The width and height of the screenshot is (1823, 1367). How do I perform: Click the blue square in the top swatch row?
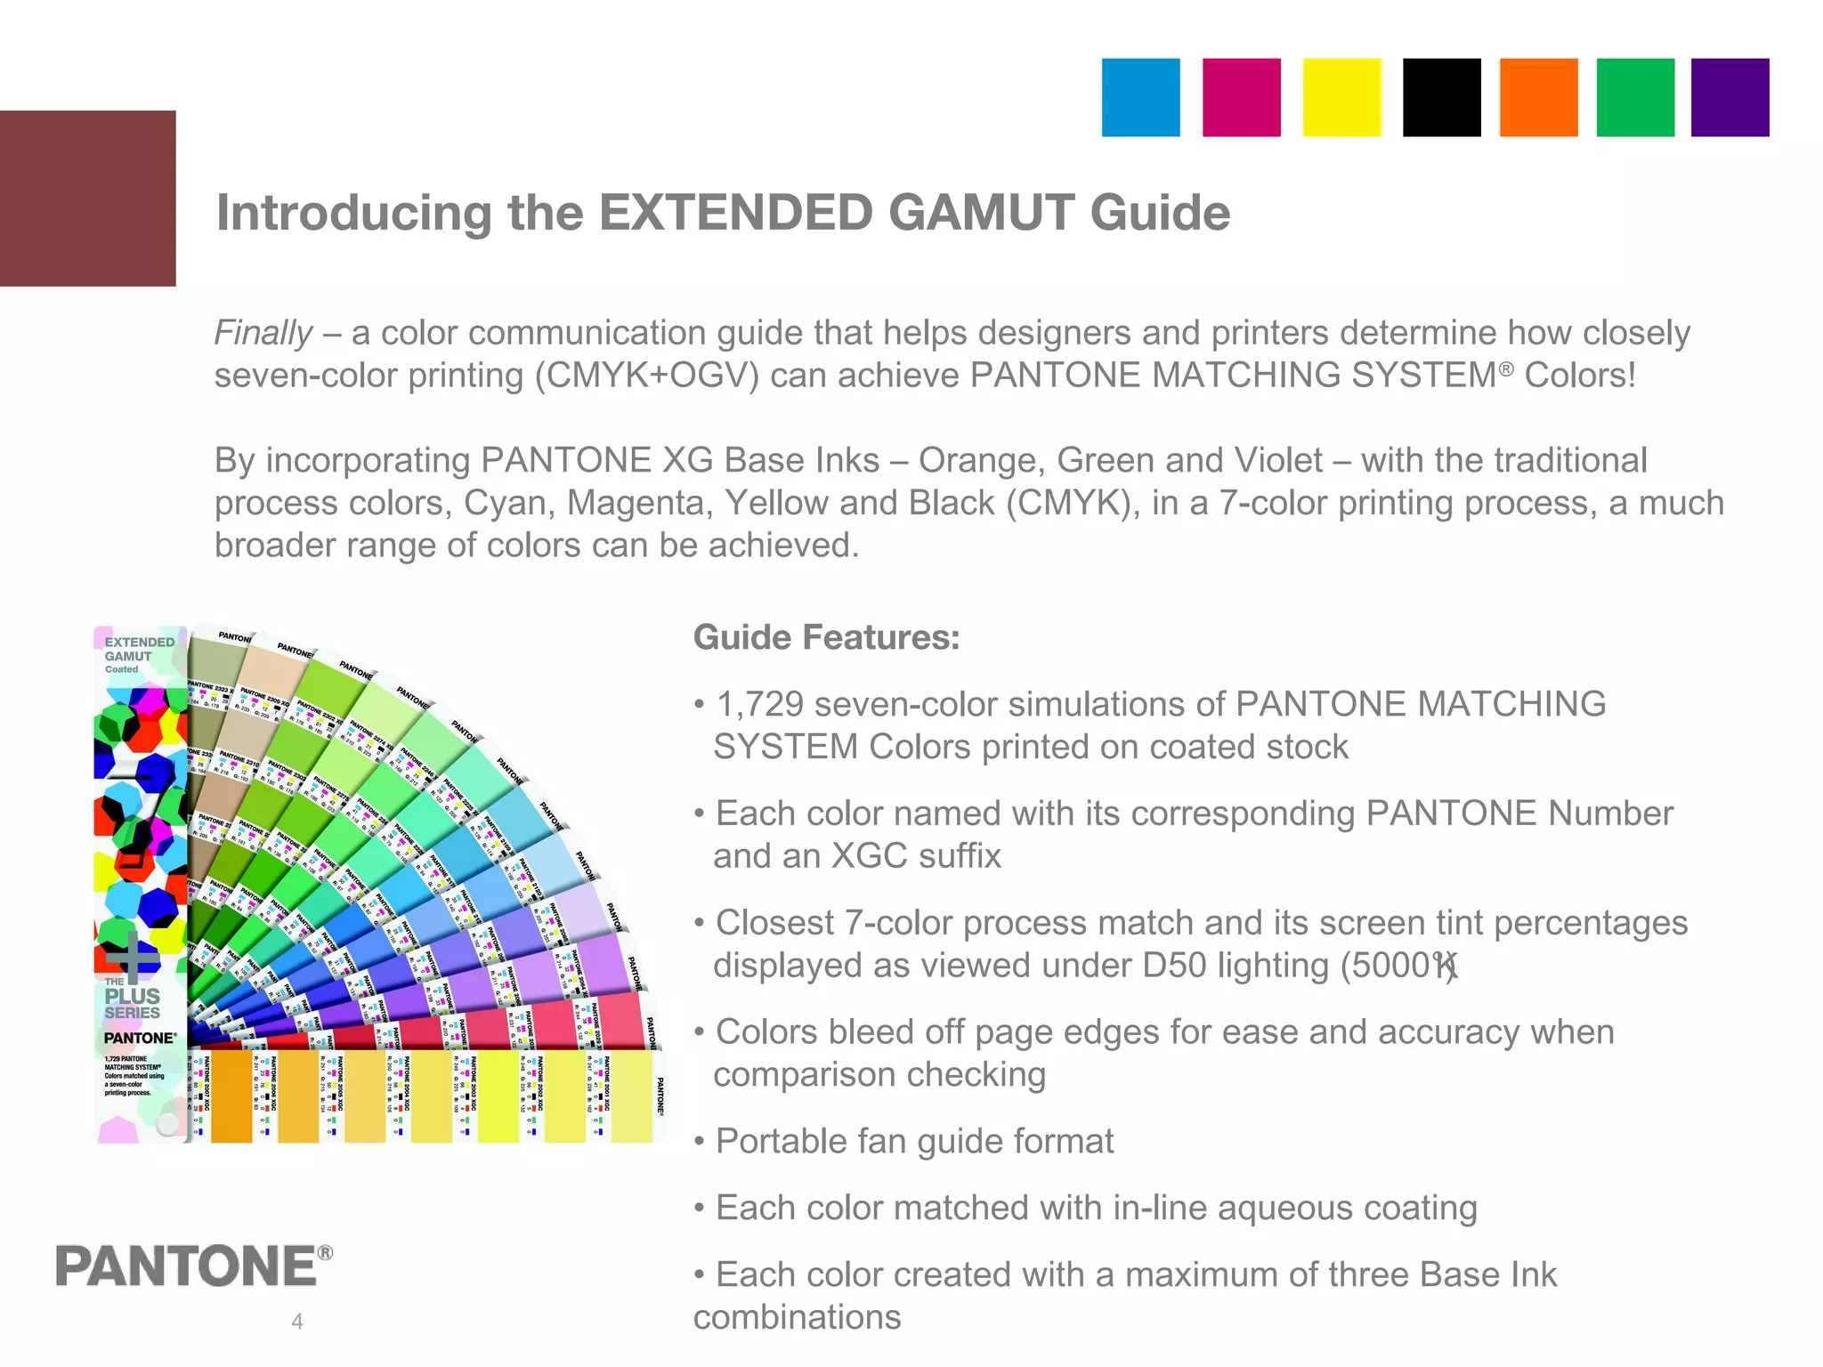pos(1140,98)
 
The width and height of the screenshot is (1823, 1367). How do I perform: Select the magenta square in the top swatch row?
pos(1241,98)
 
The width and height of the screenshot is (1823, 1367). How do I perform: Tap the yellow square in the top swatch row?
pos(1341,98)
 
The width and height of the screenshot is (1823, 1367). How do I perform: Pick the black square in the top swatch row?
pos(1441,98)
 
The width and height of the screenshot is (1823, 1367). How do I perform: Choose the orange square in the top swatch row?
pos(1538,98)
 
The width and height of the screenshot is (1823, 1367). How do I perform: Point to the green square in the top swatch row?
pos(1635,98)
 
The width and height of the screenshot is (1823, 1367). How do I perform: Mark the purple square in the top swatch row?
pos(1730,98)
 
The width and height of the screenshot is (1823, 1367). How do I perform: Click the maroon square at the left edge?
pos(87,198)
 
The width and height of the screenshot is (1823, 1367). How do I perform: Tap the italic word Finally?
pos(263,333)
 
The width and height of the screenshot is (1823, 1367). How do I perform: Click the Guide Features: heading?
pos(826,637)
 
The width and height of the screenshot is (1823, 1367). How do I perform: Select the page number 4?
pos(297,1322)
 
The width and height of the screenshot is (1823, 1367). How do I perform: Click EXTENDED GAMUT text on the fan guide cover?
pos(139,649)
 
